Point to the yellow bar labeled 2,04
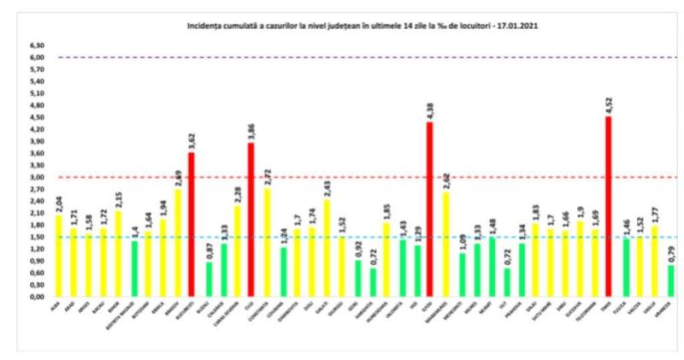pyautogui.click(x=57, y=256)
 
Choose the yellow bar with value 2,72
pyautogui.click(x=267, y=243)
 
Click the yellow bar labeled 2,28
pyautogui.click(x=237, y=251)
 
